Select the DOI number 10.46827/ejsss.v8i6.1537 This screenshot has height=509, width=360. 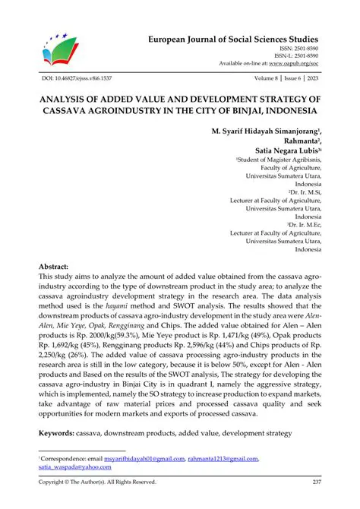click(75, 78)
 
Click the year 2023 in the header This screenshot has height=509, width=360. click(313, 78)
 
